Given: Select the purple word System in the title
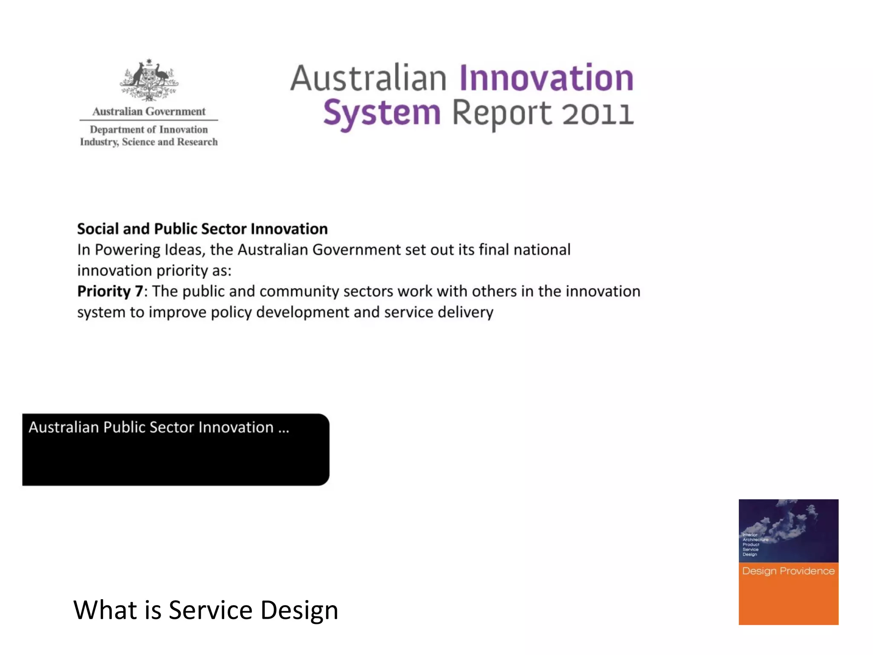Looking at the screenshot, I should (382, 113).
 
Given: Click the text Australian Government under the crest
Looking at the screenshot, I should (149, 112).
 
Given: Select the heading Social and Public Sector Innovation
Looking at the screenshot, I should (202, 229).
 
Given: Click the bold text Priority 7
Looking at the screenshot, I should (110, 291).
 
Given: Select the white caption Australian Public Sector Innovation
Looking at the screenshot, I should (151, 427).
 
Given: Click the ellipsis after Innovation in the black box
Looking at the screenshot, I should (284, 428).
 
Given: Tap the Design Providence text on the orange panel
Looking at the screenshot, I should (788, 571).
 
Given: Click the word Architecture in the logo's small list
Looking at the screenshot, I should (755, 540).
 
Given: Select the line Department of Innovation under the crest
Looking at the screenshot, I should (149, 130).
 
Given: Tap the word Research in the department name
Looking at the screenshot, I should (197, 142).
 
